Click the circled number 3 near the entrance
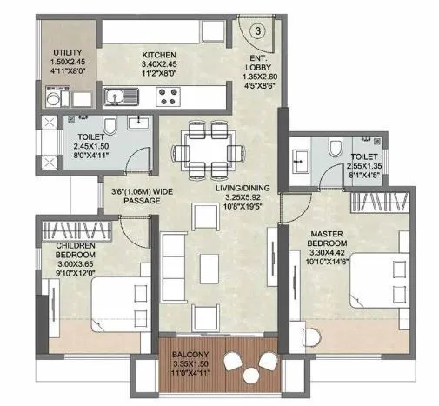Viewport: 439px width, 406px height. pyautogui.click(x=258, y=31)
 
